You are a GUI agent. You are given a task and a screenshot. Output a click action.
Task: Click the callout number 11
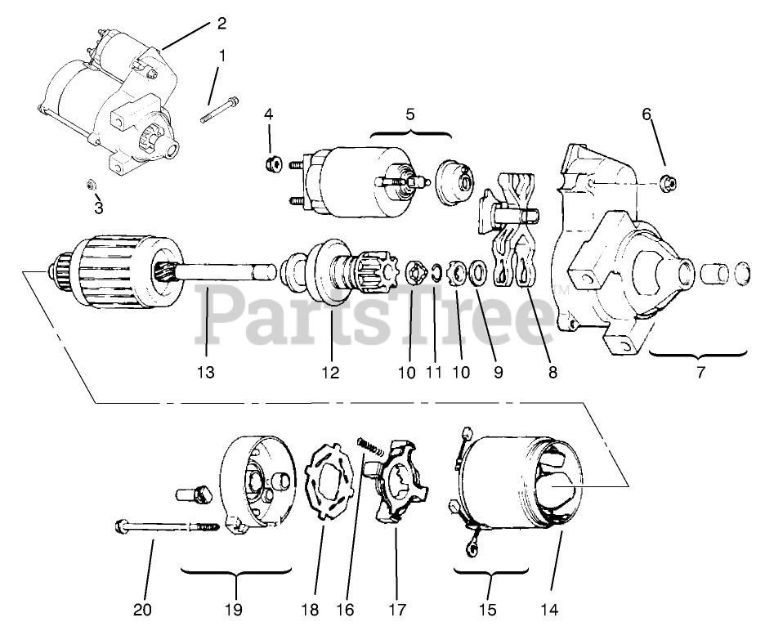434,372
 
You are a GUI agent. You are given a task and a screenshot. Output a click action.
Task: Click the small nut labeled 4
274,164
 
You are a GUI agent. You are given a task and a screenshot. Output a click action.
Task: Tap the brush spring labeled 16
370,448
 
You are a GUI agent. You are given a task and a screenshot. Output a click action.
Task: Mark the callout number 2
221,23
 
